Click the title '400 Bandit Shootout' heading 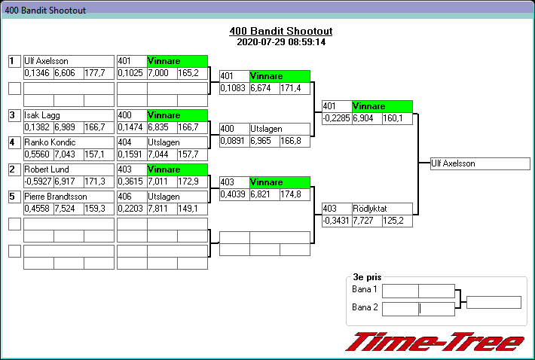pos(280,32)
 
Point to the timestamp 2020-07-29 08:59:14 pos(280,42)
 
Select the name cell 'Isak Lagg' pos(69,115)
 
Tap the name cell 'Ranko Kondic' pos(69,142)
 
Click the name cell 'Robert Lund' pos(69,169)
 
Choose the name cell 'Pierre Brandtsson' pos(69,196)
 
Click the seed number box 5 pos(14,197)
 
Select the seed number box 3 pos(14,115)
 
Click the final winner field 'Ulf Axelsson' pos(480,163)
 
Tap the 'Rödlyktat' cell pos(382,209)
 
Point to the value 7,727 pos(367,221)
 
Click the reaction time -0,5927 pos(38,182)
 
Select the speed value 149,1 pos(191,209)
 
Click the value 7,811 pos(161,209)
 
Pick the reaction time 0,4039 pos(234,194)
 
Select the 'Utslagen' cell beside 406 pos(177,197)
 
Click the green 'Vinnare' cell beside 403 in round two pos(280,182)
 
